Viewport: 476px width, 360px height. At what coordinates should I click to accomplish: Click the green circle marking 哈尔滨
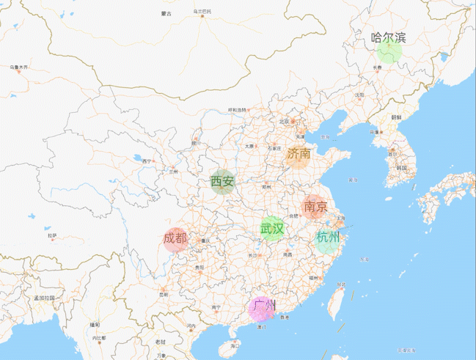point(388,52)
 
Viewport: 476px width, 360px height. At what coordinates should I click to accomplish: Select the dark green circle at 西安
point(221,182)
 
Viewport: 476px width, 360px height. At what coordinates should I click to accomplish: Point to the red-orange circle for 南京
point(315,207)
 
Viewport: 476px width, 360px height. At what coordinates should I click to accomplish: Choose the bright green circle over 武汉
point(272,229)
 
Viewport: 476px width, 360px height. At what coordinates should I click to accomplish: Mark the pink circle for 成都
point(175,240)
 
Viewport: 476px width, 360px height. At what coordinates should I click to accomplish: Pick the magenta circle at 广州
point(262,309)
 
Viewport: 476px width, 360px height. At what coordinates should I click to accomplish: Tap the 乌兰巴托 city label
point(202,12)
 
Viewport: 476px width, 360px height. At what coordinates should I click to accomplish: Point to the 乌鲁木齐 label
point(19,67)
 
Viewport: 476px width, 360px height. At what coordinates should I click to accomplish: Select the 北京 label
point(285,121)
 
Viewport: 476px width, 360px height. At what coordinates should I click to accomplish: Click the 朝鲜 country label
point(396,117)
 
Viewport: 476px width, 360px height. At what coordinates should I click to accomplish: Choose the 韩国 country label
point(400,168)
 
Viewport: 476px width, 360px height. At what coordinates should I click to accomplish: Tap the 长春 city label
point(377,67)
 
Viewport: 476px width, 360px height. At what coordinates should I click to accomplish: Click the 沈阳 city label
point(359,95)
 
